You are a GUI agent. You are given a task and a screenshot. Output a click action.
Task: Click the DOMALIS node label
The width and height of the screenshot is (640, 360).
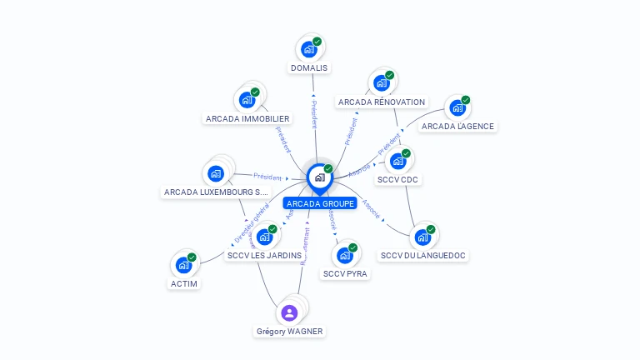pos(309,67)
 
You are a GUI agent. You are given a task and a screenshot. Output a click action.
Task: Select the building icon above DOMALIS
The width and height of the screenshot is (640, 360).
pos(309,50)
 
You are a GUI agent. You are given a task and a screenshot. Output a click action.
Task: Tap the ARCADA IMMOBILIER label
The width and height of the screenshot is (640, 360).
pos(247,118)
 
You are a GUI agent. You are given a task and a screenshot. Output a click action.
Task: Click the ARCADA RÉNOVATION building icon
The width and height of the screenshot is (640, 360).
pos(382,83)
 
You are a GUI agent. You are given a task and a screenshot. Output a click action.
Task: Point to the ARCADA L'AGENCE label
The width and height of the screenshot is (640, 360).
pos(457,127)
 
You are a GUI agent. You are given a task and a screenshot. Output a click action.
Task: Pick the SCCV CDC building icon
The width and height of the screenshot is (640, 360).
pos(397,162)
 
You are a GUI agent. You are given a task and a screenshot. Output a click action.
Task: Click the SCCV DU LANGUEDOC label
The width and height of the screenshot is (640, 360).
pos(422,255)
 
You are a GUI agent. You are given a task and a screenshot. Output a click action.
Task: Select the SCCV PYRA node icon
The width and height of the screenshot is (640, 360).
pos(345,256)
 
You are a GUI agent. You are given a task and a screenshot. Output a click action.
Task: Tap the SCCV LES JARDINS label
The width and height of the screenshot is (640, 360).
pos(264,255)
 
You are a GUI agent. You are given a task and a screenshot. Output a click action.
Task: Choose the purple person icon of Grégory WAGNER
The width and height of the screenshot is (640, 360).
pos(289,312)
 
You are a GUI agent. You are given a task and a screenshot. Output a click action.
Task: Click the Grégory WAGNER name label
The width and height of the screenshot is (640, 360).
pos(289,331)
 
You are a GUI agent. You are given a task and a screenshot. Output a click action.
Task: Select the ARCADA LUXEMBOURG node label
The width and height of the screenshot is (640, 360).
pos(216,192)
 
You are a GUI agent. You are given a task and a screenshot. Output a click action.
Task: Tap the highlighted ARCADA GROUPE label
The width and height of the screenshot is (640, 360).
pos(320,203)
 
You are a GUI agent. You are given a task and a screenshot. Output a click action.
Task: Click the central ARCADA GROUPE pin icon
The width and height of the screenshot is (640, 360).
pos(319,177)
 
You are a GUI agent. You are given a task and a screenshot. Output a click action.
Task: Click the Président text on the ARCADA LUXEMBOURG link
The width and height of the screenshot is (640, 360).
pos(267,177)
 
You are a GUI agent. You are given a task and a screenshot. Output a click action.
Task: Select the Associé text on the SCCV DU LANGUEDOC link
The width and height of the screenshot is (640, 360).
pos(372,209)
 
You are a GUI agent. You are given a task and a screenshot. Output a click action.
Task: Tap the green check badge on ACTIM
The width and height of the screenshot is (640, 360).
pos(192,257)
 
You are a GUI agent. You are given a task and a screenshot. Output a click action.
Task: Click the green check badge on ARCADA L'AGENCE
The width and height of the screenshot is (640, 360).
pos(466,100)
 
